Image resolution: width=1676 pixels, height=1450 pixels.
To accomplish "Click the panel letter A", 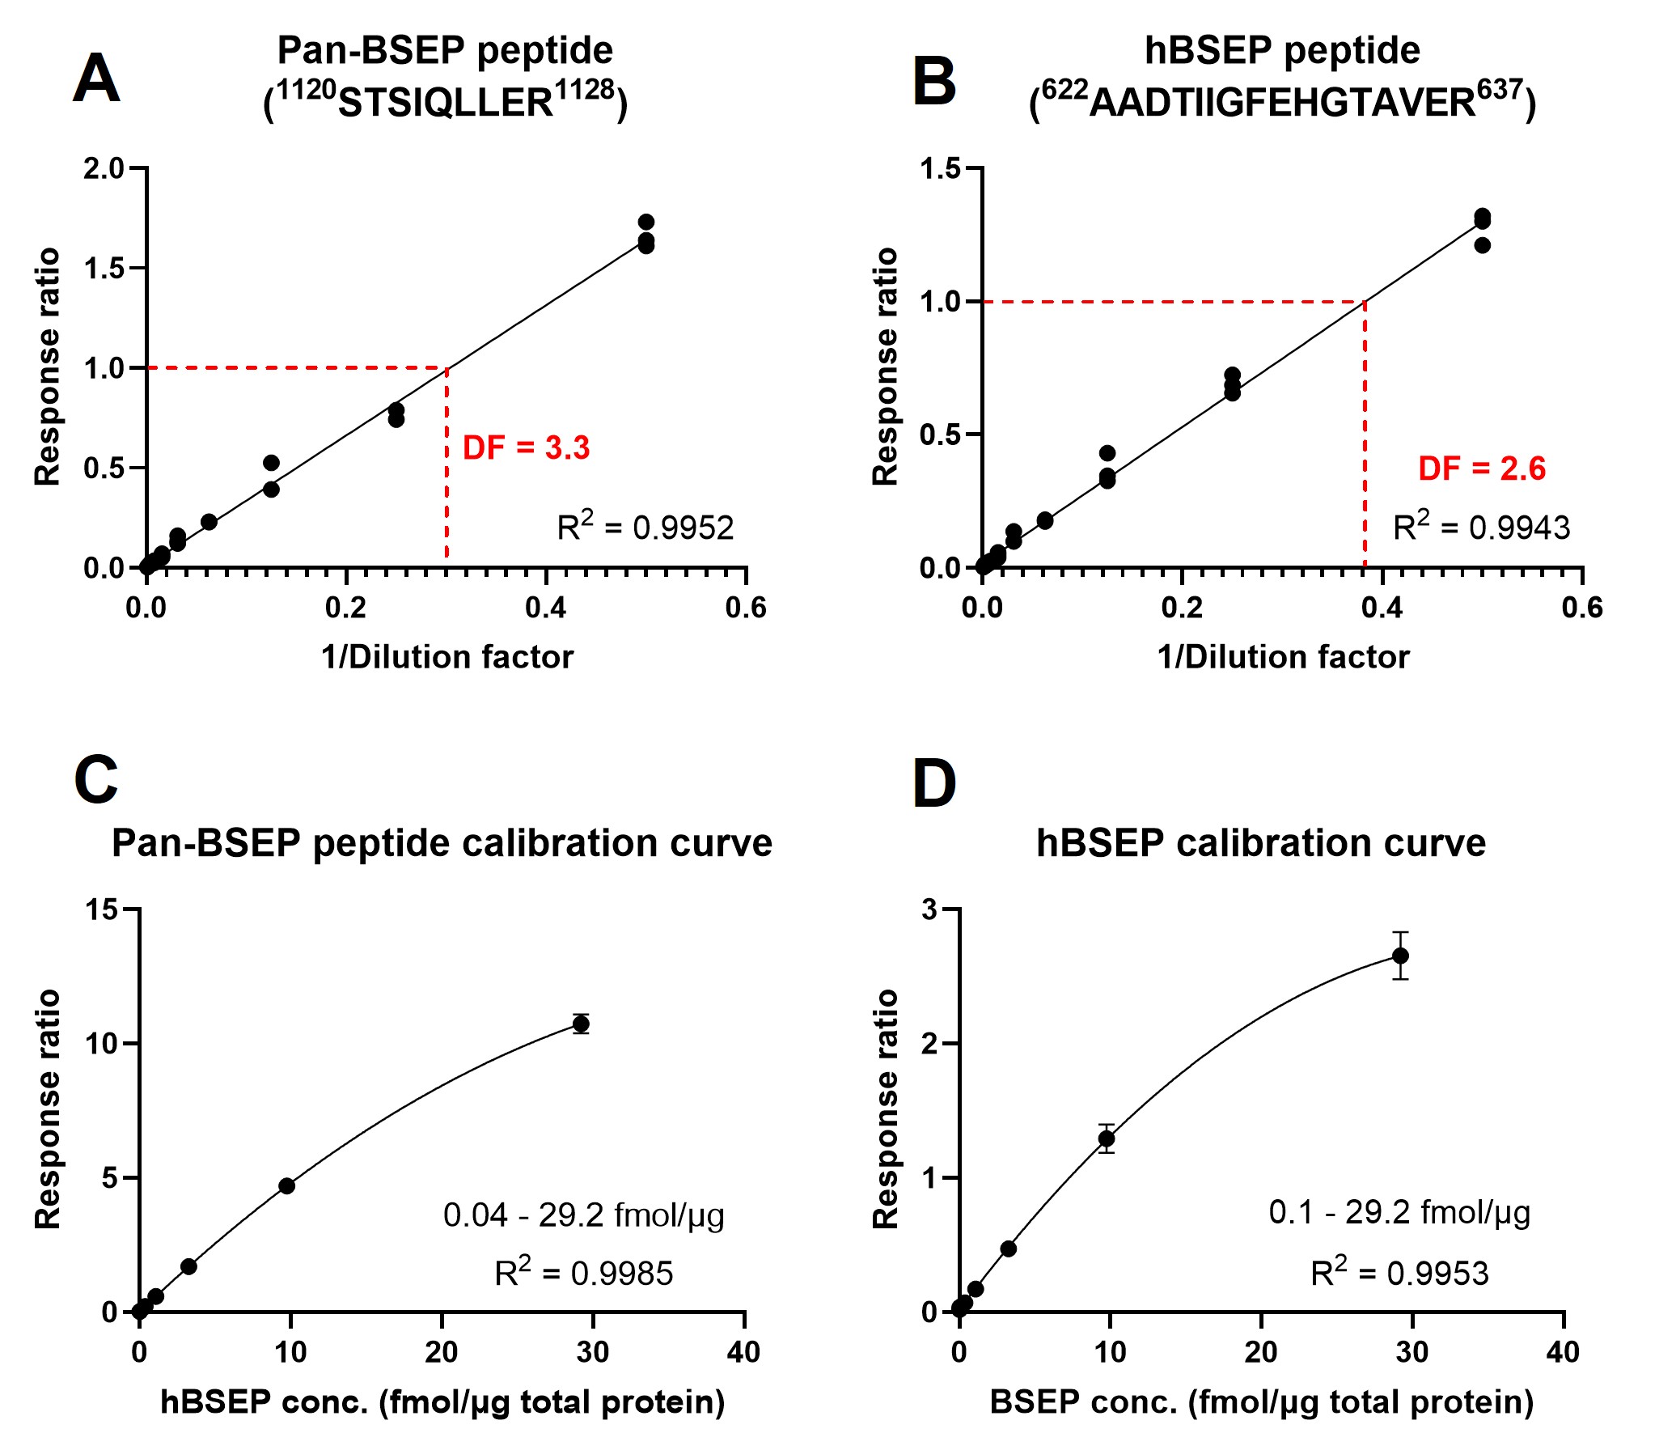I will [96, 78].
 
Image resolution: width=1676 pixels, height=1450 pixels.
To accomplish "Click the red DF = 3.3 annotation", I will [526, 447].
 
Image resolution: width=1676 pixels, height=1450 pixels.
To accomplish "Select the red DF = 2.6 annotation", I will [1482, 468].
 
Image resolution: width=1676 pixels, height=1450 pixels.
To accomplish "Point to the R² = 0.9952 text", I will [645, 527].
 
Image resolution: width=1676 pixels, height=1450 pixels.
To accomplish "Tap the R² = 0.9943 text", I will [1481, 527].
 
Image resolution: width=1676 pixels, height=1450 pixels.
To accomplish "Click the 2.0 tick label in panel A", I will [104, 168].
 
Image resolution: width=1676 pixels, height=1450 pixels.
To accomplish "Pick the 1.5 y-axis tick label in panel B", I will [941, 168].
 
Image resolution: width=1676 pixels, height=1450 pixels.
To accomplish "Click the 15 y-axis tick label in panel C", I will [102, 910].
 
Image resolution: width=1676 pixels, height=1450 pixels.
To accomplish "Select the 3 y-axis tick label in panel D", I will [929, 910].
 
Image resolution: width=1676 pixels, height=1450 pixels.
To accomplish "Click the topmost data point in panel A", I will [645, 222].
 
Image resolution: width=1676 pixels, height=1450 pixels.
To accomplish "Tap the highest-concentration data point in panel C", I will [581, 1024].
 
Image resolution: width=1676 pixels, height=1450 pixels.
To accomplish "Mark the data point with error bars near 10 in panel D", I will [1107, 1138].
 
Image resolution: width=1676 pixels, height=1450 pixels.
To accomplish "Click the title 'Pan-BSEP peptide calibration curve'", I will [442, 843].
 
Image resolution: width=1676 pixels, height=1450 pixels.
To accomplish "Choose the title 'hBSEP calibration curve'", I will [1261, 843].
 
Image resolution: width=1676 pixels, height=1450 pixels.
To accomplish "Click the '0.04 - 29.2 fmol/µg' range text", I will [583, 1215].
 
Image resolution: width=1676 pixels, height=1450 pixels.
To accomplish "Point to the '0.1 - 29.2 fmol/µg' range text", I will [1399, 1212].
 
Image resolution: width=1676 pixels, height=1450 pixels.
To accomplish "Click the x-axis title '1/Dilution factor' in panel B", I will [1283, 657].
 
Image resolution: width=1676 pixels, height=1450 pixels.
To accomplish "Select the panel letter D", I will [934, 783].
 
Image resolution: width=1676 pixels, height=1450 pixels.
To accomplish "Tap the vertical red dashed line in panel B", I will [1365, 437].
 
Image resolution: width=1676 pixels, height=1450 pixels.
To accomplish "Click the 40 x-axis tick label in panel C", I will [743, 1352].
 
